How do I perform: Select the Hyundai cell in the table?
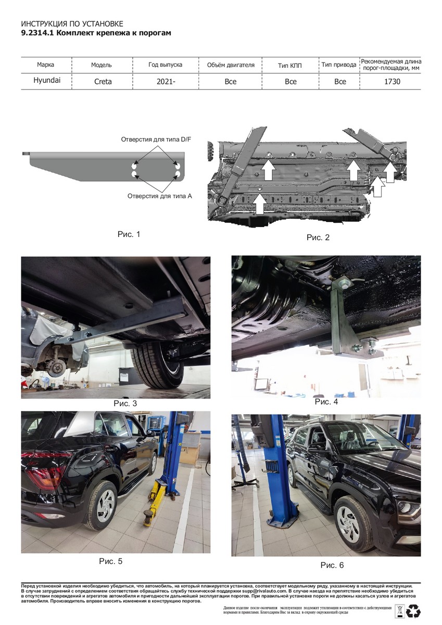[47, 80]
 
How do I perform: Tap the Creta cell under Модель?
[103, 81]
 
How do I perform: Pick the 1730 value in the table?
[392, 81]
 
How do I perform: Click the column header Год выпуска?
[165, 65]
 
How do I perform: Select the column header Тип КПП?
[290, 66]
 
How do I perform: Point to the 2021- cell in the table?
[166, 81]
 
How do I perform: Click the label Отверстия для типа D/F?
[156, 139]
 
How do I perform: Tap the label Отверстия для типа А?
[159, 196]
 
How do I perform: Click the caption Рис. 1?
[129, 234]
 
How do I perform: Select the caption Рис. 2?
[318, 237]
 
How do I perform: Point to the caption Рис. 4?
[326, 402]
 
